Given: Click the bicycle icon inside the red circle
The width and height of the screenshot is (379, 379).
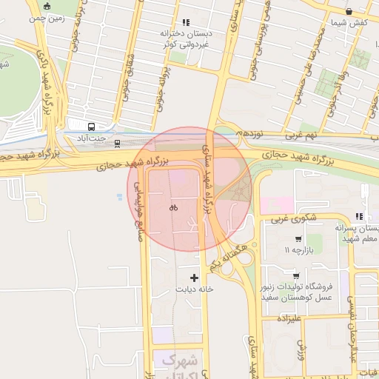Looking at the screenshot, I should pos(173,208).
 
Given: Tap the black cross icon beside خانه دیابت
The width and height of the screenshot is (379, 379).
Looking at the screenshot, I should pos(194,278).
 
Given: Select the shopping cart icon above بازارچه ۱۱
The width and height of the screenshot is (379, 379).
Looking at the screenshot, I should pos(298,239).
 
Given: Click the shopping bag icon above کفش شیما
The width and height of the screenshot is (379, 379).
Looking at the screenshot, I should pos(349,12).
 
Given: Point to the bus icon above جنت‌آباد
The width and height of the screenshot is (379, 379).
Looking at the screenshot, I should pos(91,126).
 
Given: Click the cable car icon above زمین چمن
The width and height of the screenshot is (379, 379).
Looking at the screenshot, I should pos(47,6).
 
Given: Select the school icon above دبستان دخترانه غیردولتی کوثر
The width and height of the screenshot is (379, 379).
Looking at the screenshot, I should pos(185,23).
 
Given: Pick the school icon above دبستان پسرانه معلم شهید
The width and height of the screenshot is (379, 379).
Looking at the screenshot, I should pos(359,216).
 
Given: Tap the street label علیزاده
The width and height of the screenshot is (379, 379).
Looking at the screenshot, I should pos(286,318).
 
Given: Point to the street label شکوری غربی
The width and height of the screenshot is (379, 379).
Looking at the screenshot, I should pos(289,219).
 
